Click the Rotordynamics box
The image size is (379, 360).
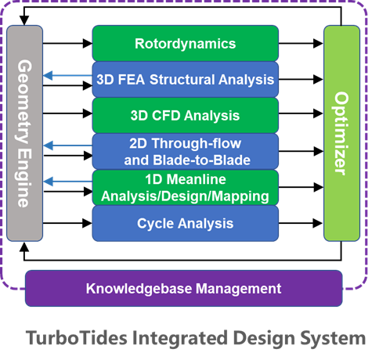185,44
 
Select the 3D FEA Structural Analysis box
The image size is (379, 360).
185,79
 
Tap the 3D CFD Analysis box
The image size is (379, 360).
185,115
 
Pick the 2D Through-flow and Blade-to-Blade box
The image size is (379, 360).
185,150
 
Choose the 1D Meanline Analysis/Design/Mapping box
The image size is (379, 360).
185,187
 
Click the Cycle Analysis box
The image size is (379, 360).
185,223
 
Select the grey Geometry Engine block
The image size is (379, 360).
24,133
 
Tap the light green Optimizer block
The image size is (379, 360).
341,133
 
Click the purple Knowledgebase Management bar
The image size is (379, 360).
183,289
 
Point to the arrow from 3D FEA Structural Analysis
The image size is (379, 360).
67,76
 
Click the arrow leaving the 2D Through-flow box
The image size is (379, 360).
67,146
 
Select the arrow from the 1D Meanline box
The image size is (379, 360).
67,182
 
